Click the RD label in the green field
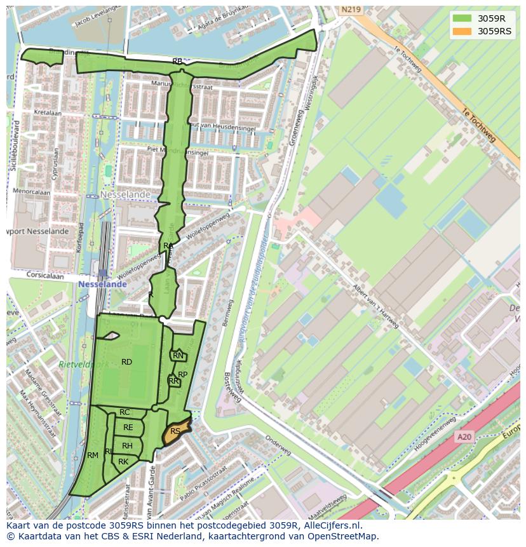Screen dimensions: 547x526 126,362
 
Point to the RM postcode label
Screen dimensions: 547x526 93,455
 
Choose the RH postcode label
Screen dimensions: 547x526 127,446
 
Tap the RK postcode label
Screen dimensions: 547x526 123,462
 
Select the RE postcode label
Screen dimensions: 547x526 128,428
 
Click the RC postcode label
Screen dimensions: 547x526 125,413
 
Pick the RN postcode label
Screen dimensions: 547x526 178,356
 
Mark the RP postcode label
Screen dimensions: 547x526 182,375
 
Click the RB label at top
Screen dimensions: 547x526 177,62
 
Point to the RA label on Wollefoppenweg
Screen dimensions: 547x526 168,246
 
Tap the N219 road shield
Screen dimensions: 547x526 350,10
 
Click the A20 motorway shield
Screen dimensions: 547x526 464,436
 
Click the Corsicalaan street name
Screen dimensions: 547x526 47,276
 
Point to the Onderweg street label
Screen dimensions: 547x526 278,442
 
